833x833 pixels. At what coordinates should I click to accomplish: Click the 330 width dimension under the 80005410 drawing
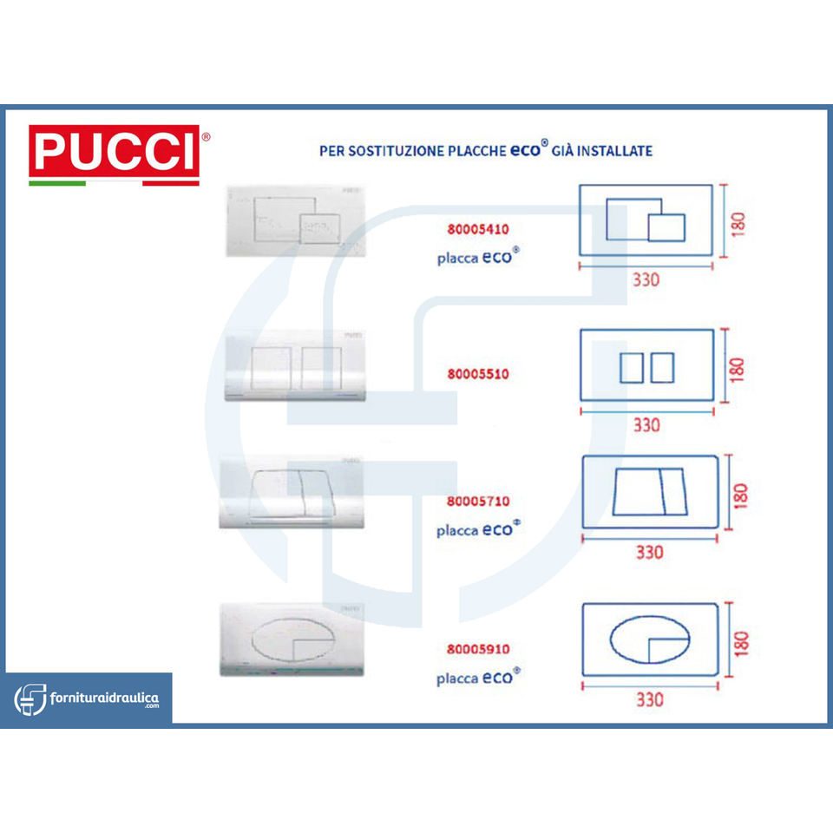[646, 279]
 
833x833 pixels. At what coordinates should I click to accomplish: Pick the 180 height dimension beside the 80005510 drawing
[738, 368]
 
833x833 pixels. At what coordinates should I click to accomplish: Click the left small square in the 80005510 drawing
[632, 368]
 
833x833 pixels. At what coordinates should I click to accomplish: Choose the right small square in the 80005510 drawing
[662, 368]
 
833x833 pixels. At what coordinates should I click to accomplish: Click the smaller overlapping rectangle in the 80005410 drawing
[666, 227]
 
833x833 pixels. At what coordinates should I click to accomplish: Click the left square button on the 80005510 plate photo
[271, 367]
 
